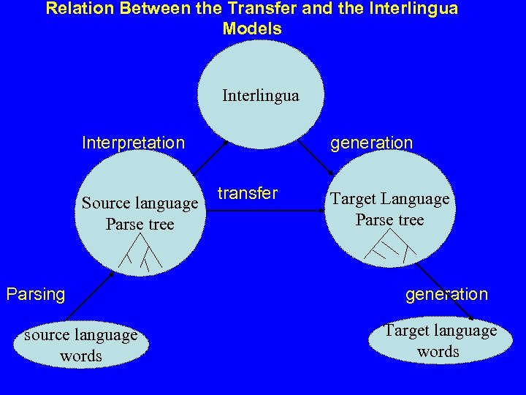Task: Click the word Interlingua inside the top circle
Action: (x=260, y=96)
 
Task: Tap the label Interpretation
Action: (x=134, y=143)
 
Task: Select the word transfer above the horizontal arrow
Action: (x=248, y=193)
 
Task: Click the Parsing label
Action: (x=36, y=294)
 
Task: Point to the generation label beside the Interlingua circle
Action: (x=371, y=143)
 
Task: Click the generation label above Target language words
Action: (x=446, y=294)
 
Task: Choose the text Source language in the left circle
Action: (x=140, y=203)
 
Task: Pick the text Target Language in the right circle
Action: (x=389, y=199)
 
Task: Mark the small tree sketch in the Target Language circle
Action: (x=389, y=249)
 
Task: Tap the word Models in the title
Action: (x=252, y=29)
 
